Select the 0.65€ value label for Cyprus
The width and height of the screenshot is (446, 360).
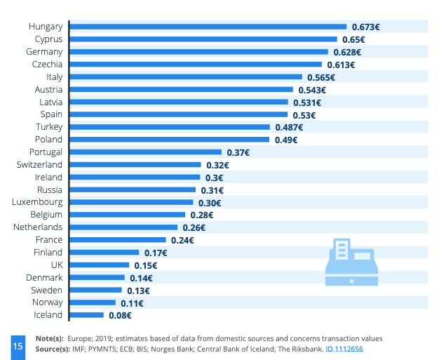pos(364,39)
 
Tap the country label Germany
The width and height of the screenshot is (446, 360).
pos(45,52)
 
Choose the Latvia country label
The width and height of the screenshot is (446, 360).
pos(49,102)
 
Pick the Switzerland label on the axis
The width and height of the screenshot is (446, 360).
pos(39,165)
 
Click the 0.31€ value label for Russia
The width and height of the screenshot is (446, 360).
pos(211,190)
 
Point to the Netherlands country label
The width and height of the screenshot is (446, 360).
pos(38,227)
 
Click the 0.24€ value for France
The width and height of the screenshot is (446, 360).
pos(182,240)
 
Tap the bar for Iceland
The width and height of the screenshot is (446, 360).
pos(87,315)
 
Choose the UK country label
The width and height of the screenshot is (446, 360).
pos(56,265)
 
